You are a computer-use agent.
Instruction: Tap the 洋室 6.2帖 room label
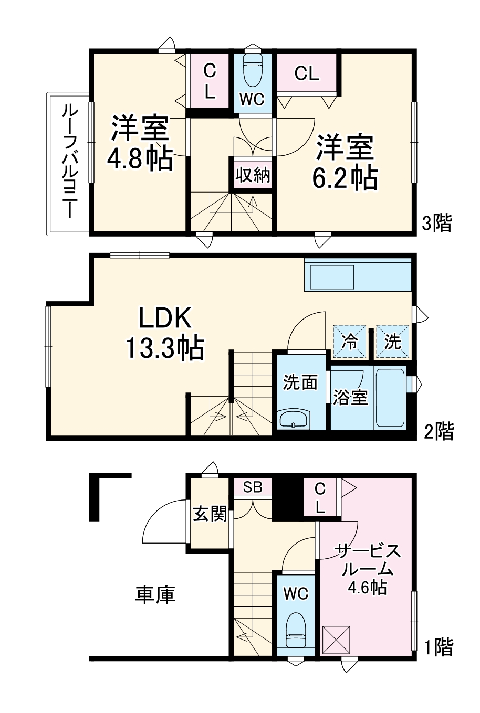[x=345, y=162]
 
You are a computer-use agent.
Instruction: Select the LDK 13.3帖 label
[x=164, y=333]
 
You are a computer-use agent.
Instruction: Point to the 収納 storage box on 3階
[x=253, y=174]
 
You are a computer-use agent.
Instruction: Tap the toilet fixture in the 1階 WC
[x=296, y=630]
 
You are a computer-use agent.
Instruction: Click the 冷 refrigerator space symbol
[x=350, y=342]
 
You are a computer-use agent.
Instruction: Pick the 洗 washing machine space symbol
[x=392, y=342]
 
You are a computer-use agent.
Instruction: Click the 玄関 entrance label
[x=210, y=514]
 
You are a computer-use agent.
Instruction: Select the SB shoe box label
[x=253, y=487]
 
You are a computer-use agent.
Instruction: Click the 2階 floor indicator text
[x=439, y=431]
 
